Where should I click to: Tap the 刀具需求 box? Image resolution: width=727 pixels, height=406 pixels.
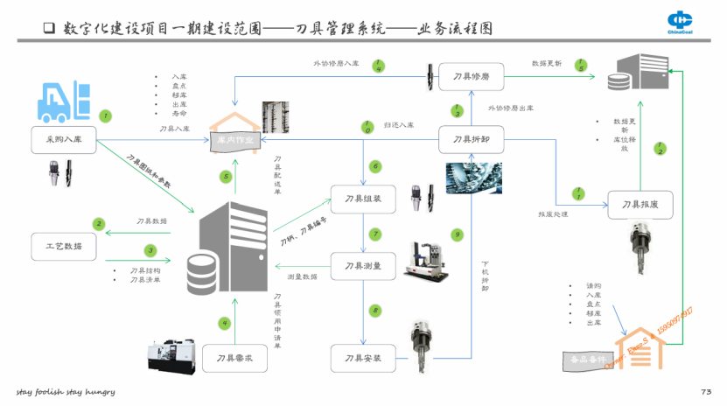[x=234, y=359]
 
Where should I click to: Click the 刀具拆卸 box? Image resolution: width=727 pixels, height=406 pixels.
[x=471, y=139]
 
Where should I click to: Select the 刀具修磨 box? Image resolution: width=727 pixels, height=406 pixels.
[x=471, y=76]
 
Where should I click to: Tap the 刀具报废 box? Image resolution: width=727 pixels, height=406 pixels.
[x=640, y=205]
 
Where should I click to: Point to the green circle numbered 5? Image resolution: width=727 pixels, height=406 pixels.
[x=226, y=177]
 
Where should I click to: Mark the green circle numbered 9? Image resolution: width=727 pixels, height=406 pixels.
[x=456, y=234]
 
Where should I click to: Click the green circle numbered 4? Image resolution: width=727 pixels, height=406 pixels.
[x=225, y=323]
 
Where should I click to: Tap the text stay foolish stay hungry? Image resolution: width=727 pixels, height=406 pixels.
[x=66, y=391]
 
